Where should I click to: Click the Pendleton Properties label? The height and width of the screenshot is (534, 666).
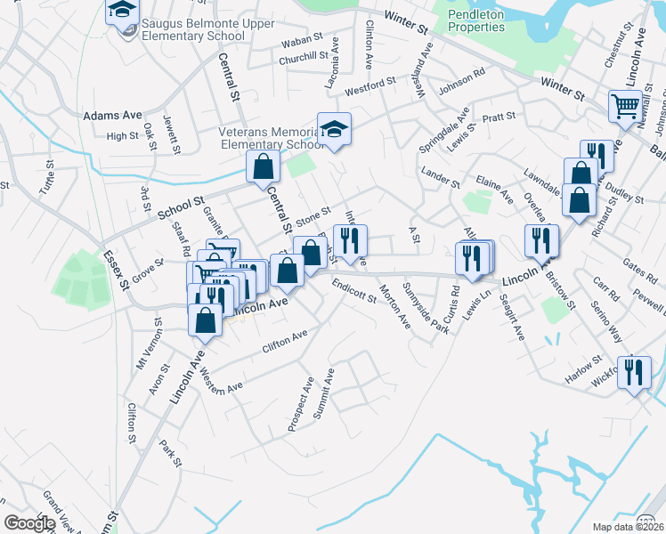point(475,20)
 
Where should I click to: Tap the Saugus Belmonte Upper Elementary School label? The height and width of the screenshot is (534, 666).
point(192,36)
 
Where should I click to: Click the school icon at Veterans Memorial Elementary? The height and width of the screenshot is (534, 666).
point(334,129)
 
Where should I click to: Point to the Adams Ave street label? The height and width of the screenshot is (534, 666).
point(112,116)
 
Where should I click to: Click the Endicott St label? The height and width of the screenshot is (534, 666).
point(353,292)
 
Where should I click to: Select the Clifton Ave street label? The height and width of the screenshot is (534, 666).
point(285,340)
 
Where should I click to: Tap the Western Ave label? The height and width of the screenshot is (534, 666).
point(222,380)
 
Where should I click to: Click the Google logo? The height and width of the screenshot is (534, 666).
point(29,523)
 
